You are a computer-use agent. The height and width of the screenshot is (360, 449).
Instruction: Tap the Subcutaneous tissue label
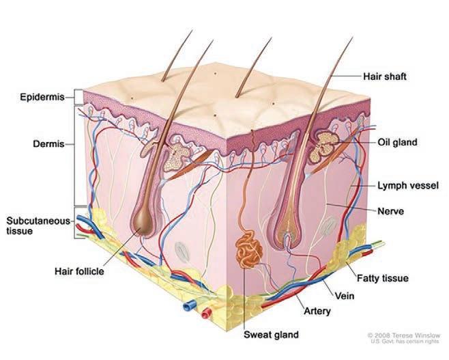29,225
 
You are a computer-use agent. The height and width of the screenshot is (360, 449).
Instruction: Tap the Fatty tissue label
386,278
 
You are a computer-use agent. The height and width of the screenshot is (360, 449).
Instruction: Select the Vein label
345,296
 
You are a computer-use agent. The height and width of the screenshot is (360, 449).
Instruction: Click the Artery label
317,311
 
